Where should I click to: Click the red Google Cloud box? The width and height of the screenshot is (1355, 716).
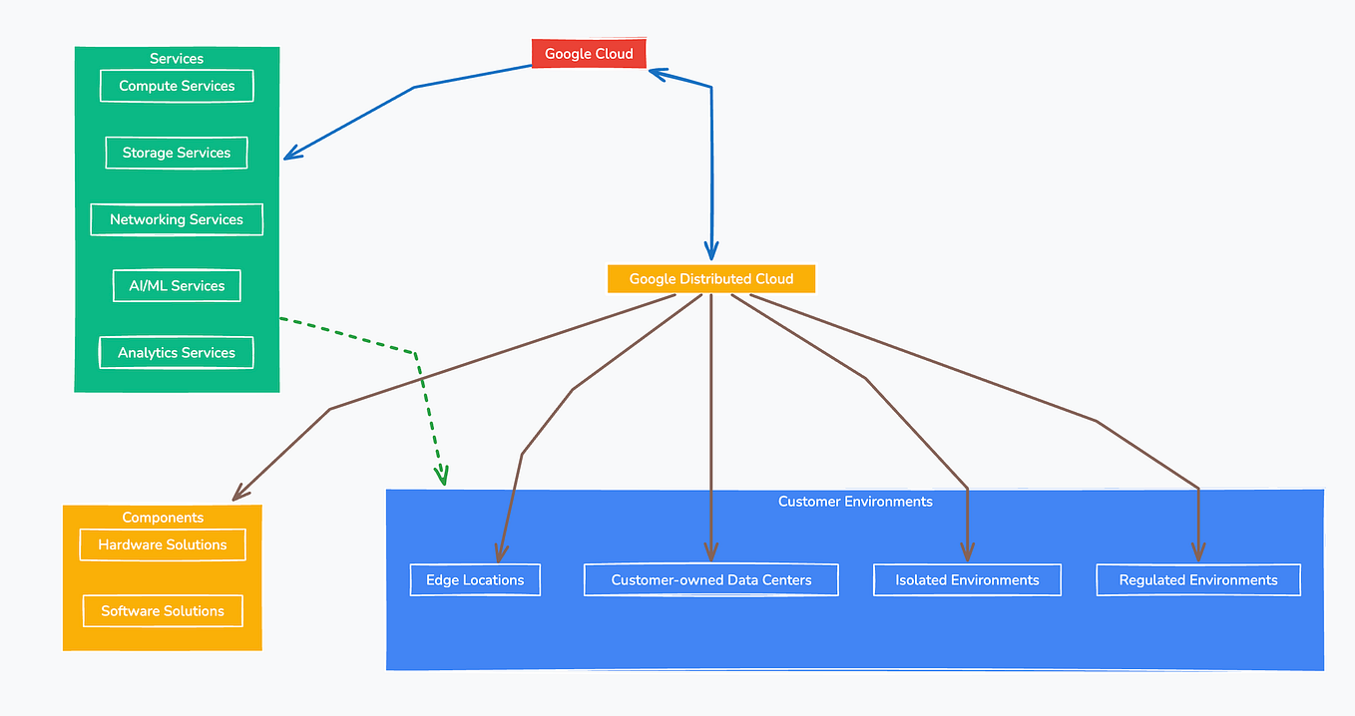tap(589, 54)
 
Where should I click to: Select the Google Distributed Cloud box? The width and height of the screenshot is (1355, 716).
tap(710, 279)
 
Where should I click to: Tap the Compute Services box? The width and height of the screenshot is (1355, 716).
tap(177, 86)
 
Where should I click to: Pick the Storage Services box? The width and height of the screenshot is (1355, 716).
tap(177, 153)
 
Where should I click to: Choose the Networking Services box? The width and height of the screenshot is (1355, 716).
tap(177, 219)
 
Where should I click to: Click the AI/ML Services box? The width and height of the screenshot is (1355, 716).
tap(177, 286)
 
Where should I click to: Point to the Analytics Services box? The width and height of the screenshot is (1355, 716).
tap(177, 353)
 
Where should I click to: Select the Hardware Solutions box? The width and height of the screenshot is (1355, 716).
tap(163, 545)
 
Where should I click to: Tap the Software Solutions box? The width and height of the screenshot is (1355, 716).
tap(163, 611)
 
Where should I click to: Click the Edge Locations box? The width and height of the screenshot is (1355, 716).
tap(475, 580)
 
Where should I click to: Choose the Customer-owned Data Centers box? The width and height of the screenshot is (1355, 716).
tap(711, 580)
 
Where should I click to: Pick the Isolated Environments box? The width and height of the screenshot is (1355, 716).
tap(967, 580)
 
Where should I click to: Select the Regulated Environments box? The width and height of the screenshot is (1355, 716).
tap(1198, 580)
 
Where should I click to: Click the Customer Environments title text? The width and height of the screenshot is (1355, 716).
tap(855, 502)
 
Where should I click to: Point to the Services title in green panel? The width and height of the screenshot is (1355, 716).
tap(177, 59)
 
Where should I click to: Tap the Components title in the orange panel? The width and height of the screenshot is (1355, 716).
tap(163, 518)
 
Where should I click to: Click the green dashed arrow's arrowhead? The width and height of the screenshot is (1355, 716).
tap(441, 479)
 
